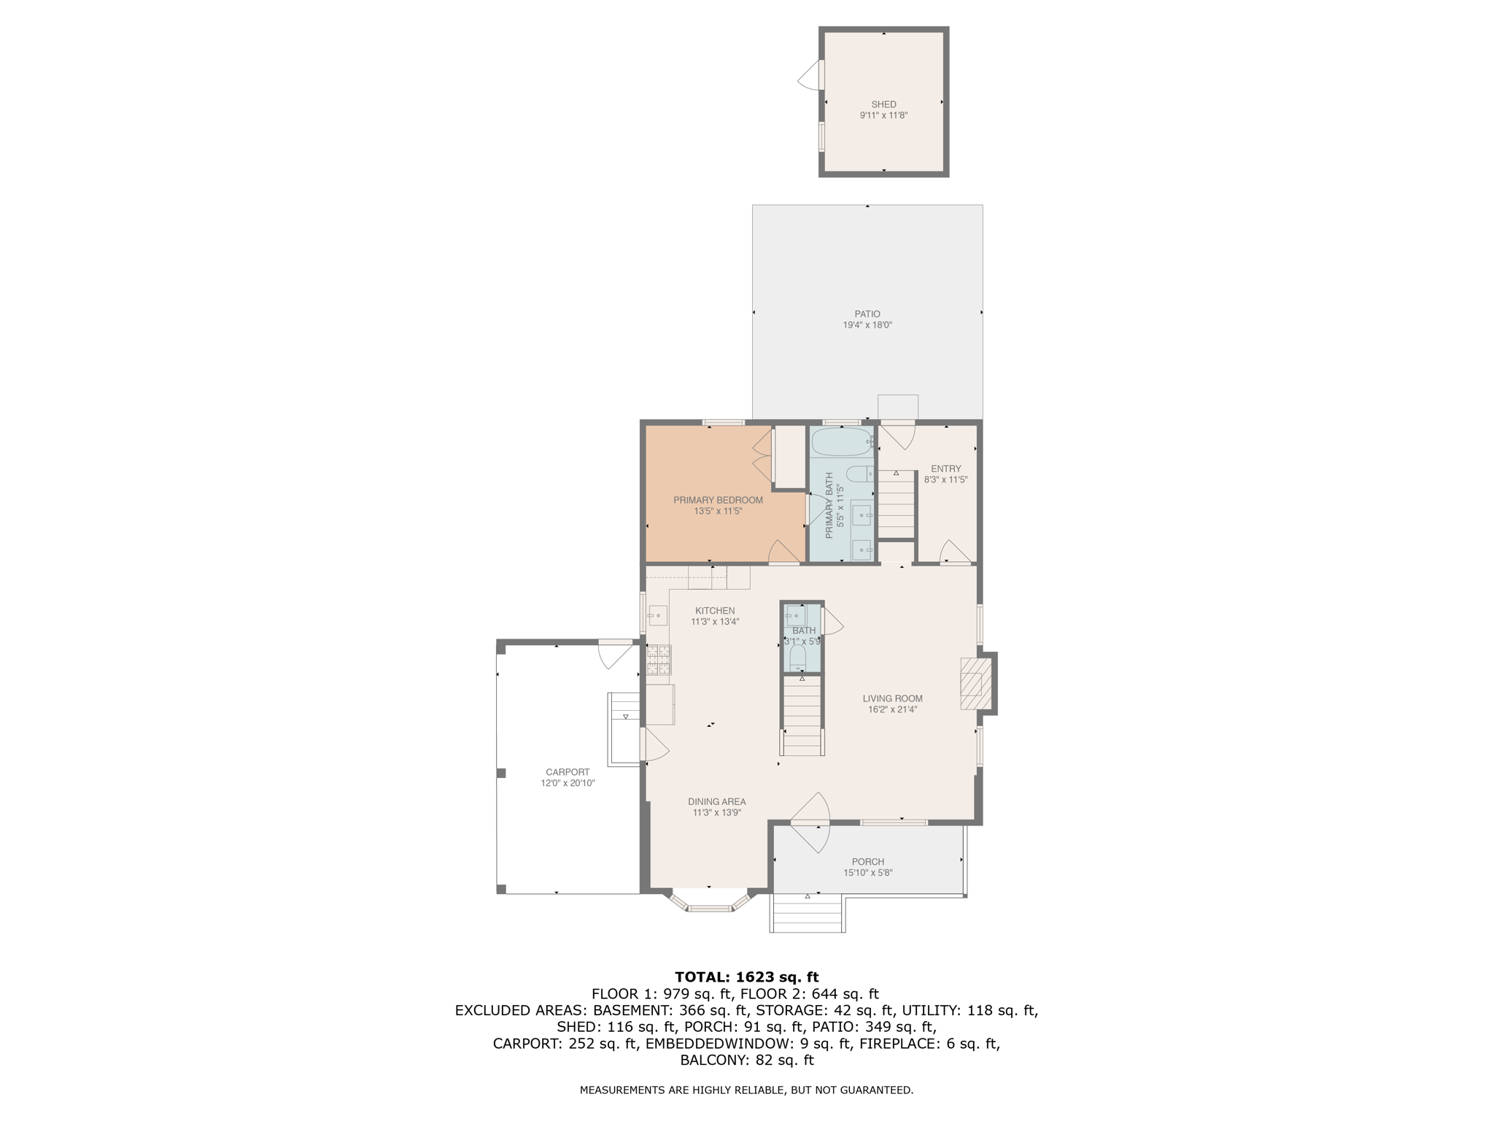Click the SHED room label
click(x=883, y=104)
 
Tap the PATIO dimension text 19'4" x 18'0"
click(x=867, y=325)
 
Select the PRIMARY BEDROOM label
click(x=718, y=501)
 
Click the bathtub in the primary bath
click(x=841, y=442)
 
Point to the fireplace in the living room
click(x=976, y=683)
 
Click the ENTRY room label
click(x=945, y=469)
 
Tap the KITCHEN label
click(x=715, y=611)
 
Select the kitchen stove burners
click(x=658, y=660)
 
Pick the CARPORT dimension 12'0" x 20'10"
click(x=568, y=783)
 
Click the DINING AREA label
click(x=716, y=802)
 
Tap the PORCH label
click(x=867, y=862)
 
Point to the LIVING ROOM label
click(x=892, y=698)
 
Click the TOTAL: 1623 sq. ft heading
click(x=746, y=977)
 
